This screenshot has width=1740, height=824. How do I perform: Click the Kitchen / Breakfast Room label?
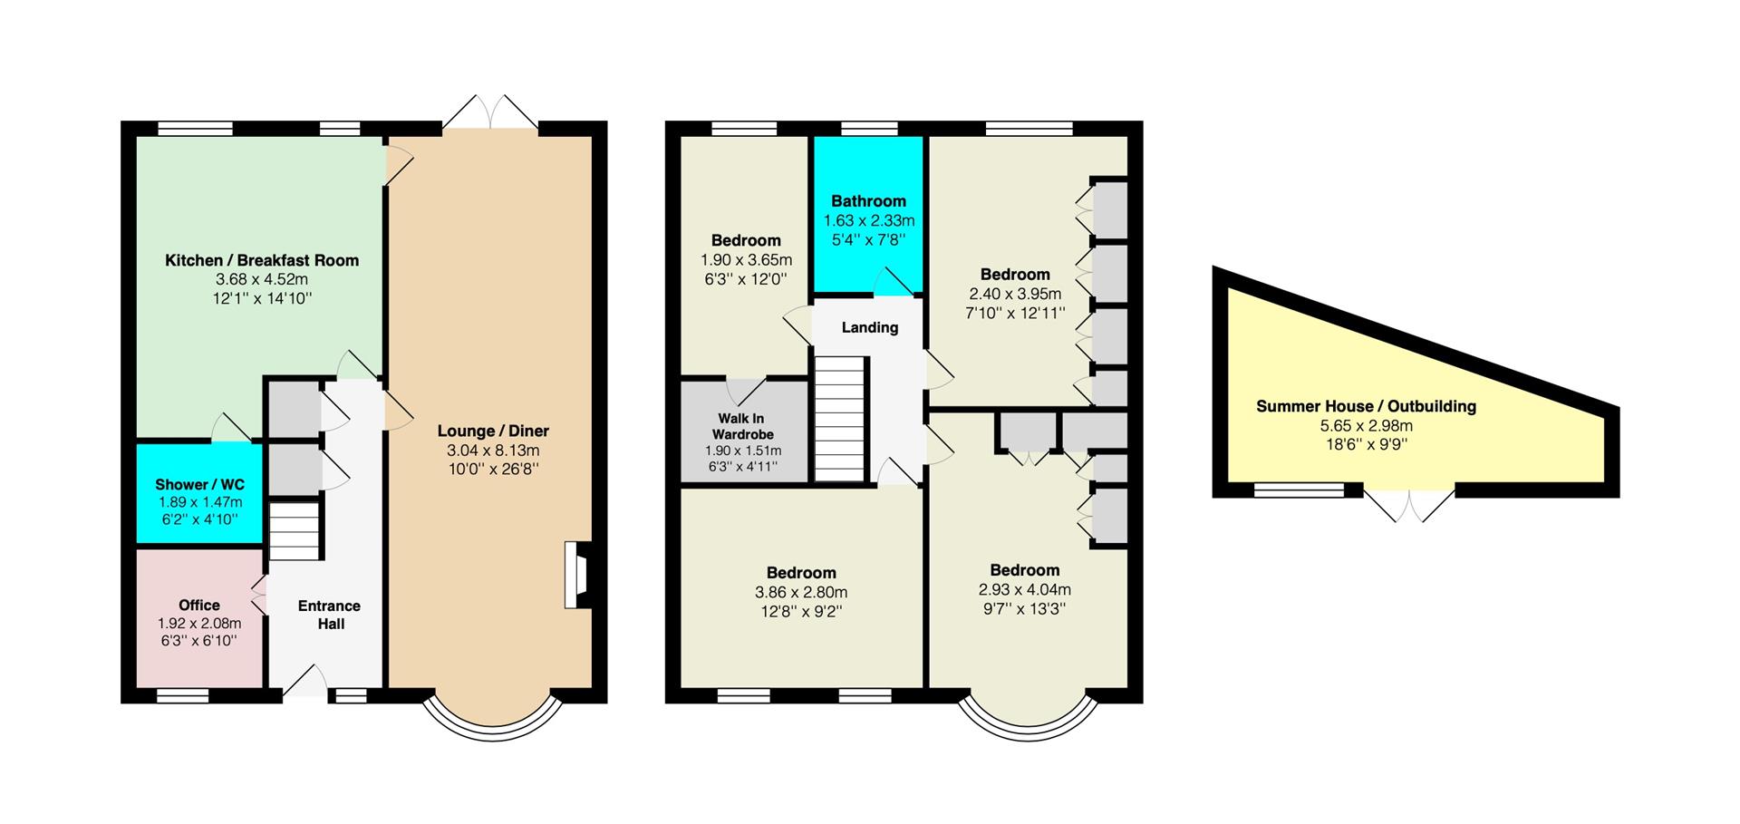coord(262,260)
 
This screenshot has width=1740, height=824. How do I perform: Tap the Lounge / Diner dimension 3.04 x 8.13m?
coord(493,451)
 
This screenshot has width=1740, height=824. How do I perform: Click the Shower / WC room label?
coord(199,485)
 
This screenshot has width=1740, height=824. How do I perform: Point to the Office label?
coord(199,605)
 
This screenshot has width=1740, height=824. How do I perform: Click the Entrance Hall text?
coord(330,615)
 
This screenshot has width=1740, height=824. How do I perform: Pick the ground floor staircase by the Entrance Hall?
coord(295,531)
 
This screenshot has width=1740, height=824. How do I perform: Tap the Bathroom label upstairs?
coord(869,201)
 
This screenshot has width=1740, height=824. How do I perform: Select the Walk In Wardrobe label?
coord(741,426)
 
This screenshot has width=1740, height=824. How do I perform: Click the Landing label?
coord(870,327)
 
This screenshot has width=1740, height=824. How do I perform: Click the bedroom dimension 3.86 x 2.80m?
coord(801,593)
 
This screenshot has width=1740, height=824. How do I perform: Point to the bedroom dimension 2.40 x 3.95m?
coord(1015,294)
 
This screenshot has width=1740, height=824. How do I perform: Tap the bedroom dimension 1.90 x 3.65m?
coord(746,260)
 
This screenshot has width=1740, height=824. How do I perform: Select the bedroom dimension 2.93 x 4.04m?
coord(1025,590)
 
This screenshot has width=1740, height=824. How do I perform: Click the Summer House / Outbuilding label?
coord(1367,406)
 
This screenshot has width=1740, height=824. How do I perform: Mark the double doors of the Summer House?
coord(1409,504)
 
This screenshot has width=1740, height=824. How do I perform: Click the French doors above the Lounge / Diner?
coord(490,111)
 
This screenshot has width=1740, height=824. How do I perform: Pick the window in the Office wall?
coord(183,696)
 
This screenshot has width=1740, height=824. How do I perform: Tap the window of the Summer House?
coord(1299,490)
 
